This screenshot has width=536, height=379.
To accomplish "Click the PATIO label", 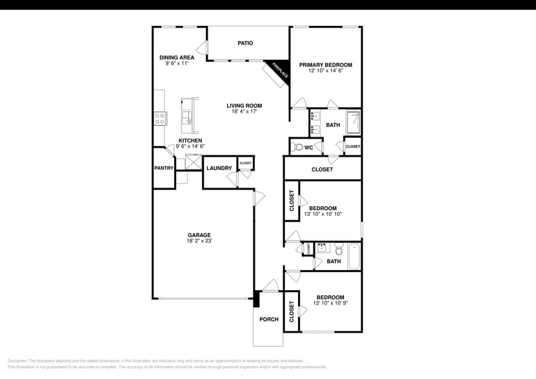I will (x=245, y=43).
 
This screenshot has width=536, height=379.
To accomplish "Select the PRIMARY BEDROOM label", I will (x=325, y=64).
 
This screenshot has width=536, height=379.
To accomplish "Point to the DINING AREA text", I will (x=177, y=57).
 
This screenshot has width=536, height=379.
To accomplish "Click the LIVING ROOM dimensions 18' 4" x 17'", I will (x=244, y=112).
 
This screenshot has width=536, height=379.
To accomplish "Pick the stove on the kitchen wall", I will (x=160, y=118).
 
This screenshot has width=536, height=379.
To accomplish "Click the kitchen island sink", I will (x=188, y=117).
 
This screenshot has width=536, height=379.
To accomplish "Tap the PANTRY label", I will (x=164, y=168).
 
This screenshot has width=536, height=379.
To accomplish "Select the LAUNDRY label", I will (x=219, y=168).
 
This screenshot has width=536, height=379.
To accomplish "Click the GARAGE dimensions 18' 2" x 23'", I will (x=199, y=241).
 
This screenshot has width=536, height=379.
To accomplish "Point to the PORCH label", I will (x=269, y=319).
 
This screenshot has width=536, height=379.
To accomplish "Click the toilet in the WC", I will (x=297, y=148).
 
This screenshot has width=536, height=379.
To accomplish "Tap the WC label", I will (x=309, y=148).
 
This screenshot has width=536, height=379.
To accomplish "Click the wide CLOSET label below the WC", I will (x=322, y=170).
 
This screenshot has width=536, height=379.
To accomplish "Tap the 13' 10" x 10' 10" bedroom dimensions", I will (x=323, y=214).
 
